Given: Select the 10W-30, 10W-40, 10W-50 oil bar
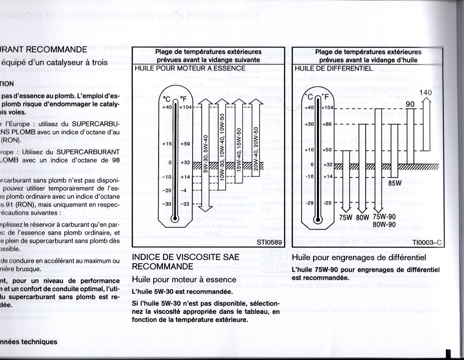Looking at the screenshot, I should coord(222,145).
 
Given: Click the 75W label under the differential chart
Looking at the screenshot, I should coord(346,217).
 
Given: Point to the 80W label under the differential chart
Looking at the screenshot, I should coord(362,217).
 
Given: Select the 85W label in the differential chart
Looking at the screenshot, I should coord(395,183).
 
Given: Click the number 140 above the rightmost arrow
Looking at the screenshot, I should coord(425,92).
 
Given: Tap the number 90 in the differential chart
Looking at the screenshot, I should coord(410,104).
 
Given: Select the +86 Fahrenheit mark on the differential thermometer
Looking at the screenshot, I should coord(327,124).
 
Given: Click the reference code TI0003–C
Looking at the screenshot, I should coord(426,243).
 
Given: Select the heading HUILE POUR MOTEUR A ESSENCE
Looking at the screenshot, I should coord(190,68).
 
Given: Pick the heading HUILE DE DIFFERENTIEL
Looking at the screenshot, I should coord(333,68).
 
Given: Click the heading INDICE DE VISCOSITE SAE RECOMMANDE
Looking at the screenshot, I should coord(185,262).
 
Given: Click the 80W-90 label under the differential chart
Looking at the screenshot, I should coord(384,224).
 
